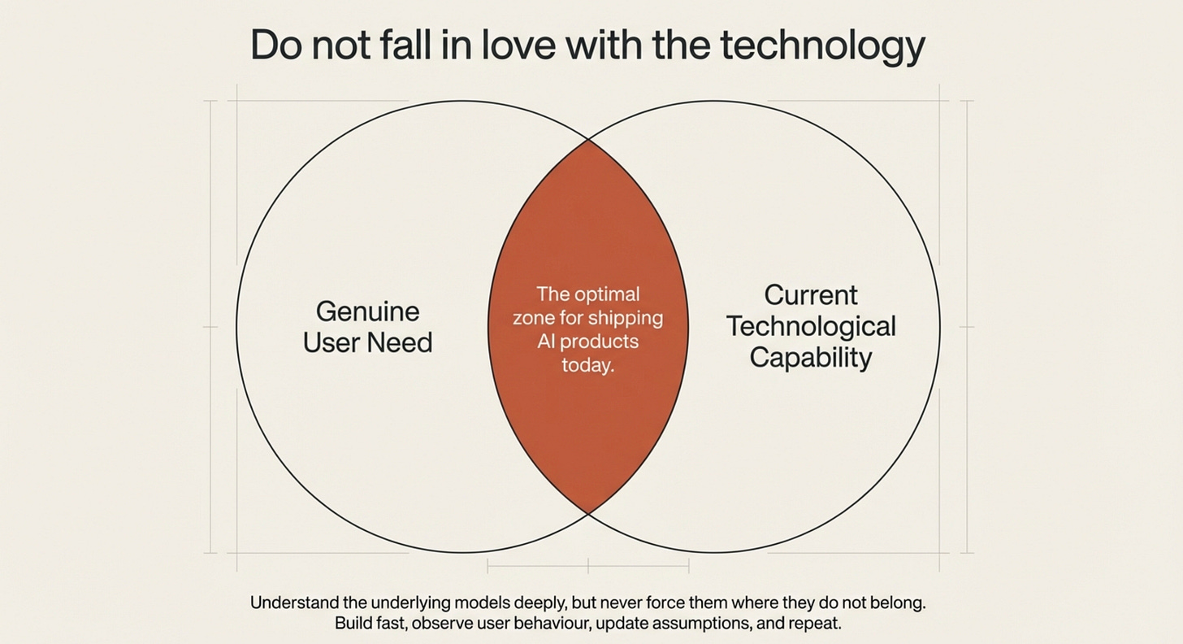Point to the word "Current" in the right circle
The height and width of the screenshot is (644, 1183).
coord(811,294)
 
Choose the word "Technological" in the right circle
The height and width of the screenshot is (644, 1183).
coord(811,326)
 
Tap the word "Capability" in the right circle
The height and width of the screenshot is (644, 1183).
coord(811,358)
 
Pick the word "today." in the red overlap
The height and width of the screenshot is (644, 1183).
coord(587,365)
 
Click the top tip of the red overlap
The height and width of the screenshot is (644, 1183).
coord(588,141)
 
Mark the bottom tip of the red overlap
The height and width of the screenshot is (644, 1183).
coord(588,512)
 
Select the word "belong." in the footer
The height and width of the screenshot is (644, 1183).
coord(896,603)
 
